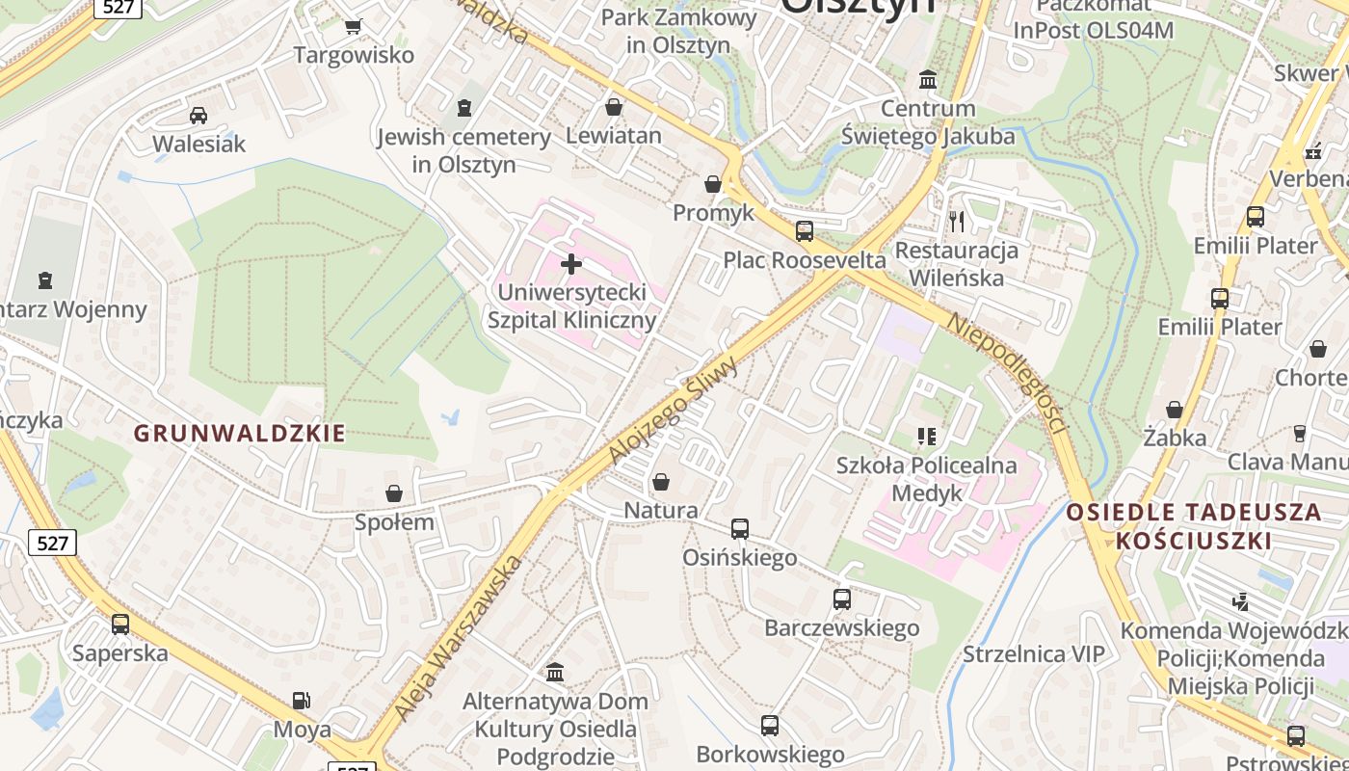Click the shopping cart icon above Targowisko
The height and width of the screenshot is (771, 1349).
(x=354, y=26)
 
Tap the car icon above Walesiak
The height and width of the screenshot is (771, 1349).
(x=198, y=116)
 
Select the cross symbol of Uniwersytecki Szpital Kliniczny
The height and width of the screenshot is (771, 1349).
(x=571, y=263)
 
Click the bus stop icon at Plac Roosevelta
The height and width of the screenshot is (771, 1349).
(x=805, y=231)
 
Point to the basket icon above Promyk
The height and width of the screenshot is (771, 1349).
(x=713, y=183)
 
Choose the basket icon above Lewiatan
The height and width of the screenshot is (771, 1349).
(x=614, y=106)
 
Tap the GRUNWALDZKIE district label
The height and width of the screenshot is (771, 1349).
(x=239, y=434)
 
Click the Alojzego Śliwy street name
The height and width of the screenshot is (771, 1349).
(x=674, y=410)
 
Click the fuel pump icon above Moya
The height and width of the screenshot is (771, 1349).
(x=302, y=701)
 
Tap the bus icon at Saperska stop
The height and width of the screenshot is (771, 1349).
(x=120, y=624)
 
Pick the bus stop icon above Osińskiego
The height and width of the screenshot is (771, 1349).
(x=740, y=528)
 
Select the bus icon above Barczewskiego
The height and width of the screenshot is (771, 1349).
(x=842, y=598)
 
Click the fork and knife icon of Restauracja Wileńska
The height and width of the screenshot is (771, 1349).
(x=957, y=222)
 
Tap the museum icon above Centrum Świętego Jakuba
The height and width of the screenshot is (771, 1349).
(x=928, y=78)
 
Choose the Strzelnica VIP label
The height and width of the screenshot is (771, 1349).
(x=1034, y=654)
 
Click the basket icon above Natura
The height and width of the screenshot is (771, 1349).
(x=661, y=480)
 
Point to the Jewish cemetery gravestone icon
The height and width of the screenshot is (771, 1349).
(x=464, y=107)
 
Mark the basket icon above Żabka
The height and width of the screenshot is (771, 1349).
(x=1175, y=409)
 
